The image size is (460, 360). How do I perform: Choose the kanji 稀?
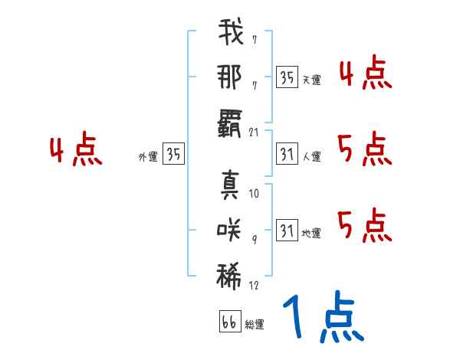coord(230,275)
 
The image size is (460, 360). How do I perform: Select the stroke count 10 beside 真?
coord(255,194)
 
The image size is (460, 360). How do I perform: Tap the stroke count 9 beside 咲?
coord(255,238)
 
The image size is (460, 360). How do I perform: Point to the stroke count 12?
coord(255,286)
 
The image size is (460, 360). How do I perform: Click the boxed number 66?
coord(229,322)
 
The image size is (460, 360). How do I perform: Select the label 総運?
coord(255,325)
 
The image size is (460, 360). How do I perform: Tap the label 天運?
coord(311,80)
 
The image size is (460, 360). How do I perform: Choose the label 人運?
coord(311,156)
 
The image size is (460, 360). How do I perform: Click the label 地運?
coord(311,233)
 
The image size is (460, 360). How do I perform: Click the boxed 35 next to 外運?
coord(174,154)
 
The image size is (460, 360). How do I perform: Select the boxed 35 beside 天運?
coord(287,77)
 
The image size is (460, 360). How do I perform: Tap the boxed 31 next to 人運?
coord(287,153)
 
